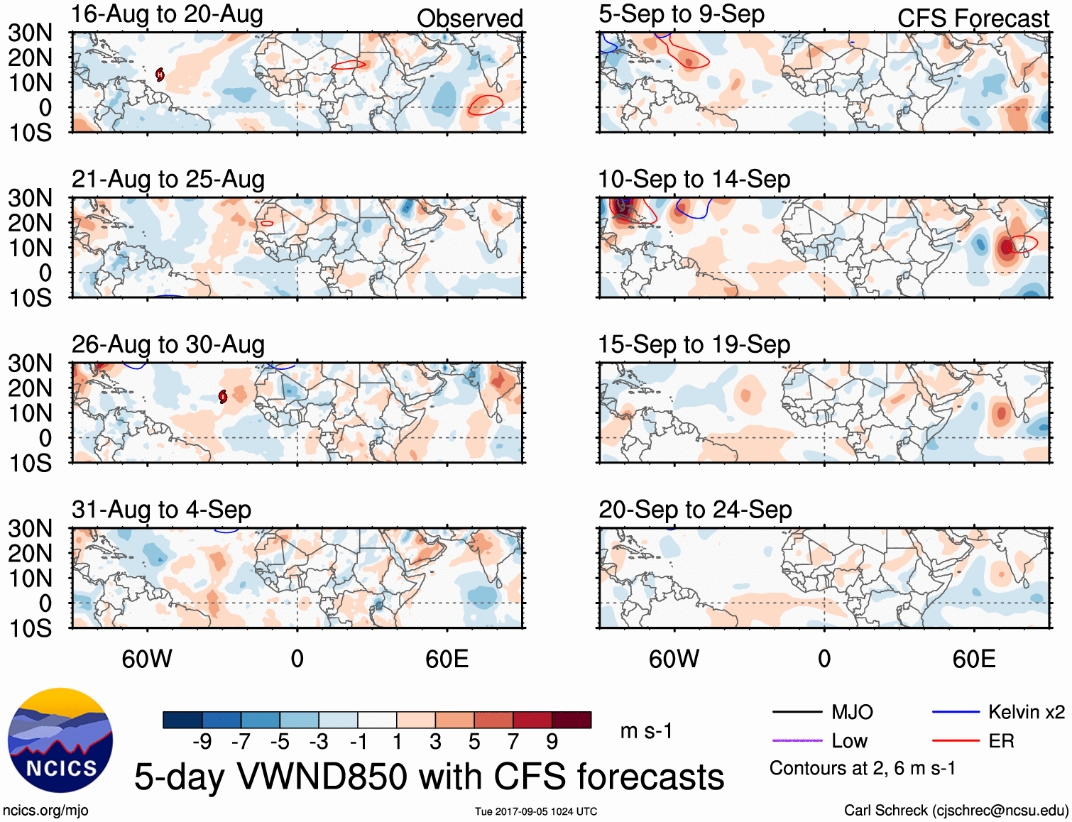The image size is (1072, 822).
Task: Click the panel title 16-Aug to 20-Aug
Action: coord(167,14)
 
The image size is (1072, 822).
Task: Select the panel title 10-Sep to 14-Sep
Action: coord(694,180)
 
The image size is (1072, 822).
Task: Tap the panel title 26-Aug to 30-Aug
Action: coord(168,345)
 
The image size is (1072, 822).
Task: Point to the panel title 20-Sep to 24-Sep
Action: coord(695,510)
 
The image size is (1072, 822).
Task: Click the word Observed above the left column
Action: coord(469,18)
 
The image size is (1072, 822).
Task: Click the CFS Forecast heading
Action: coord(973,18)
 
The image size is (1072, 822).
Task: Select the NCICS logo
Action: coord(60,740)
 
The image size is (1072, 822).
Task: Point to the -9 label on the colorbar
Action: coord(202,742)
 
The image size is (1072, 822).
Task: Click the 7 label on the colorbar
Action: coord(513,742)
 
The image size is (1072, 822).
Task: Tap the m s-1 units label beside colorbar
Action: coord(646,731)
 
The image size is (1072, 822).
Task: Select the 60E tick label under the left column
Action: coord(447,659)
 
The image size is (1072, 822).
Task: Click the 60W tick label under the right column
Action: coord(674,659)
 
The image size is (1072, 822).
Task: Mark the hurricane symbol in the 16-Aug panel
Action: coord(160,74)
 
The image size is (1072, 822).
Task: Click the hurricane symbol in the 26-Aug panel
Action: coord(223,397)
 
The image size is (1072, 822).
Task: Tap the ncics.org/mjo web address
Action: coord(45,811)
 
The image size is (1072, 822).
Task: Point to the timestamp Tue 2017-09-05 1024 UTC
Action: coord(536,811)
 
